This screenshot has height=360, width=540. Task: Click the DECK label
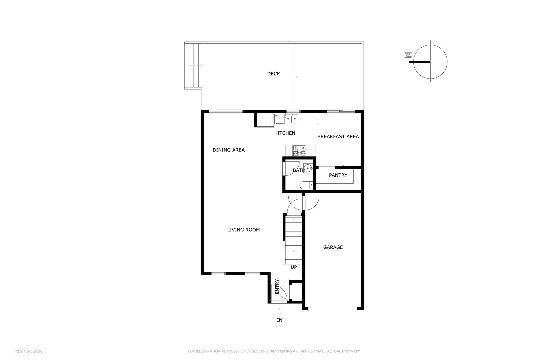273,74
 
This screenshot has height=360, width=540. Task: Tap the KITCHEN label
284,133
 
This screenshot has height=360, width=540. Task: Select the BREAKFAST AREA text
338,136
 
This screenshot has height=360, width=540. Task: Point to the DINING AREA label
228,150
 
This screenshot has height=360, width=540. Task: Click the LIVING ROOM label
243,230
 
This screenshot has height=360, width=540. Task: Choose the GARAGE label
333,247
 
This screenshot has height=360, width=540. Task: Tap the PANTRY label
338,175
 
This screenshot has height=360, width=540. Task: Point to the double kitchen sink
292,118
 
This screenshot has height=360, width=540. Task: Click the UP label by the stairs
293,267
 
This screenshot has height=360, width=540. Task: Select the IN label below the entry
279,320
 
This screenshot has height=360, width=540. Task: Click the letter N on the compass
407,55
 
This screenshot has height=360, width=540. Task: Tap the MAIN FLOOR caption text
28,351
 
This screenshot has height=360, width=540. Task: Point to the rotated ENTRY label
277,286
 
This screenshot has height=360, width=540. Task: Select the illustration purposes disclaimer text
274,351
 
